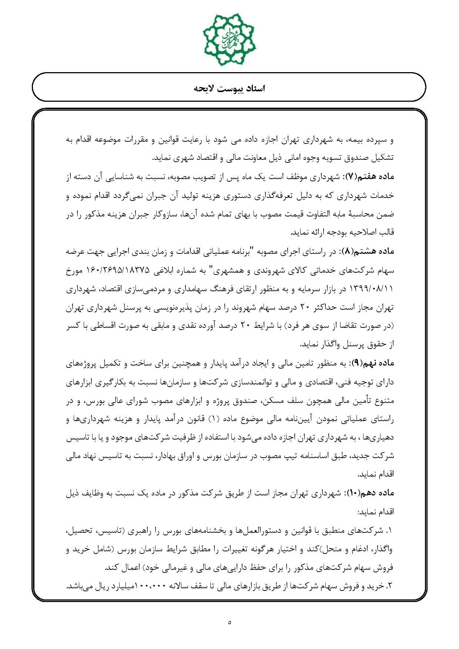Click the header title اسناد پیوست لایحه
[229, 89]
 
